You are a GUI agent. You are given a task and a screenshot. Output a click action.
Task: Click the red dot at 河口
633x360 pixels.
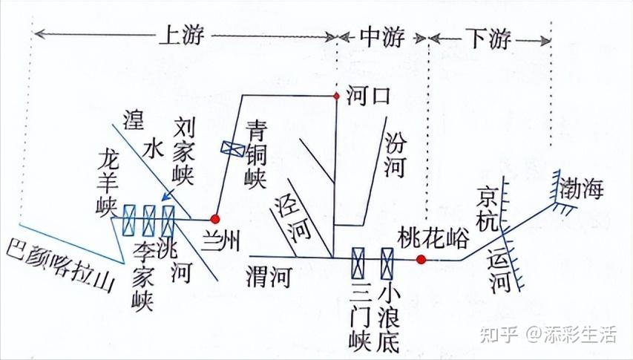(x=336, y=95)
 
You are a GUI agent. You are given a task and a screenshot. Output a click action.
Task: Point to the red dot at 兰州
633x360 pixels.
(x=215, y=219)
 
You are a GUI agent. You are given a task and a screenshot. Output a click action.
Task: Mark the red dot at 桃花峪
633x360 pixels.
(x=421, y=259)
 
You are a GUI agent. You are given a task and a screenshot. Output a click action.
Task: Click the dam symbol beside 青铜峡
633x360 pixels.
(x=232, y=148)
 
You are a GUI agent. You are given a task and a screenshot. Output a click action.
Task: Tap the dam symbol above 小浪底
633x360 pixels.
(x=387, y=260)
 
